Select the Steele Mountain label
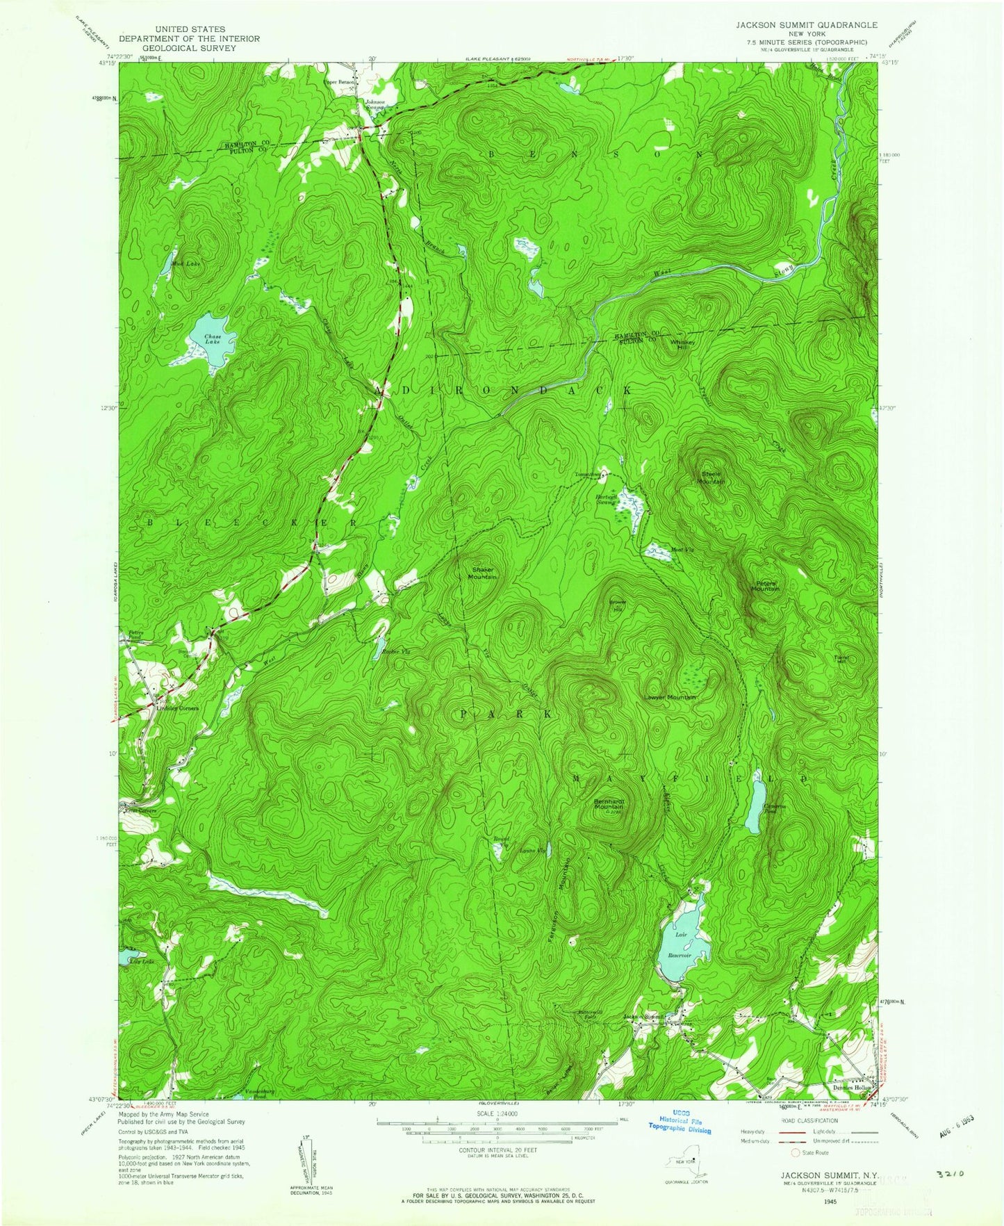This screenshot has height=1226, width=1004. tap(711, 477)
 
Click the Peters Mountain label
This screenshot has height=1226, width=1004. tap(765, 585)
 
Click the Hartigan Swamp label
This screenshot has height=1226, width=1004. tap(605, 499)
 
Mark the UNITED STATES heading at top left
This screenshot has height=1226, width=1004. tap(189, 30)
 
